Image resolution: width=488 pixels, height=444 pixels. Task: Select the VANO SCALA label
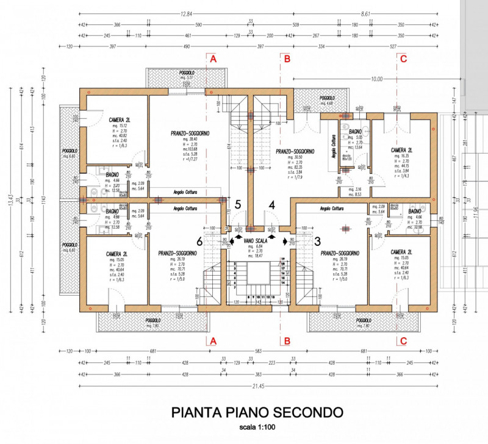click(x=253, y=240)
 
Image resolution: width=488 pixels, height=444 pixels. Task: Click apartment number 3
click(x=316, y=240)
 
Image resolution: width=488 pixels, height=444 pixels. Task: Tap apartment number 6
click(x=199, y=240)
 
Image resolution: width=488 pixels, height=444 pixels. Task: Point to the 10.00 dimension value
click(x=376, y=79)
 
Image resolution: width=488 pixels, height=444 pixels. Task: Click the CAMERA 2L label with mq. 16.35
click(x=401, y=149)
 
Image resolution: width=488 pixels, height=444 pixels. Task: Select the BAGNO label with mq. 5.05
click(x=356, y=131)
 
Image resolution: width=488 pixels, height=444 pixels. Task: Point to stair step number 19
click(x=282, y=260)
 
